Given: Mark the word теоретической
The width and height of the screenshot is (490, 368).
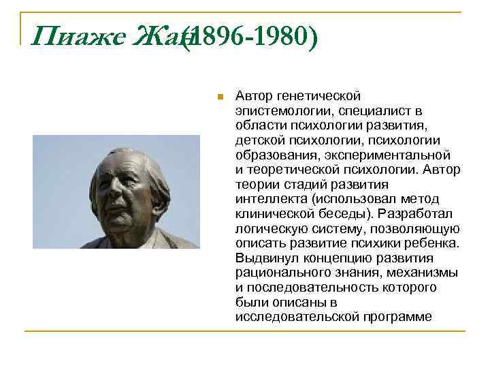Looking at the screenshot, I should pos(293,168).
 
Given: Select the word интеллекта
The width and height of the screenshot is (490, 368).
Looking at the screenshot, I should pos(269,199).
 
